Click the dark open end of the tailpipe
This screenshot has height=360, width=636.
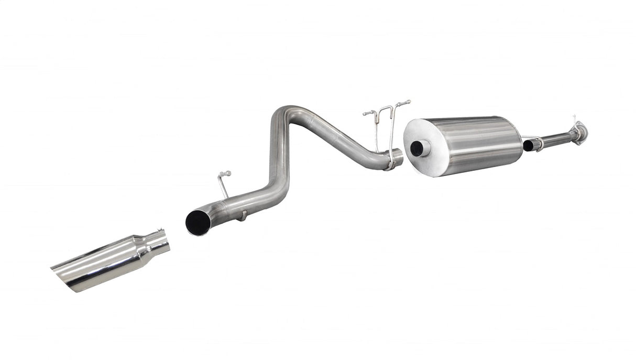[198, 222]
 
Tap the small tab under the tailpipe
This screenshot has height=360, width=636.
[243, 214]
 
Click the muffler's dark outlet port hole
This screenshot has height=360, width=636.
[417, 148]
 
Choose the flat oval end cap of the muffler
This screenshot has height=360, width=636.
[421, 147]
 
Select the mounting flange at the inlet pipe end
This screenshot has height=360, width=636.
[579, 132]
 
